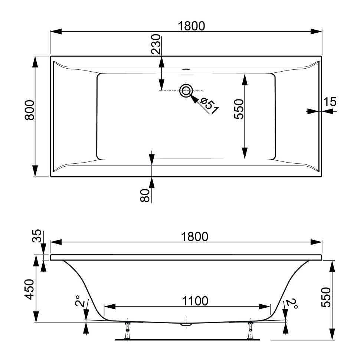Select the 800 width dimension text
point(30,110)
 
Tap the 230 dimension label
point(156,45)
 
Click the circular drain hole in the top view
point(186,90)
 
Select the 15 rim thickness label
point(330,101)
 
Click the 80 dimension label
point(145,195)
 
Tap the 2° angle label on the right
point(293,304)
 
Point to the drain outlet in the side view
point(186,324)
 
